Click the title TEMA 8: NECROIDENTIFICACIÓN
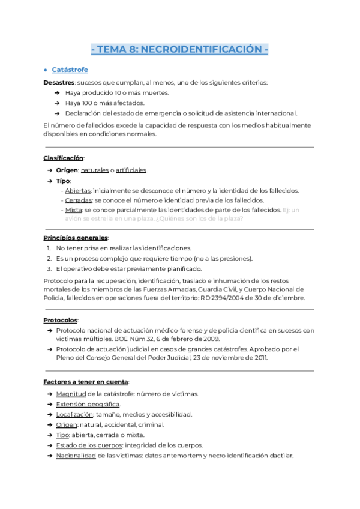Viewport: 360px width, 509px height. tap(180, 49)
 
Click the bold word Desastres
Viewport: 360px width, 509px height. tap(59, 82)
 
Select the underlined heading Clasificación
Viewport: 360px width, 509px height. tap(63, 158)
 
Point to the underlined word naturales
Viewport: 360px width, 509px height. tap(95, 170)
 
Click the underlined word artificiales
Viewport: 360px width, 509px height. tap(131, 170)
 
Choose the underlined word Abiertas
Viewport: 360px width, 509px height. tap(79, 190)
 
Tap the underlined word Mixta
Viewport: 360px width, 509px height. tap(74, 210)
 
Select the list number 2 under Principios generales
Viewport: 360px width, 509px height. tap(49, 258)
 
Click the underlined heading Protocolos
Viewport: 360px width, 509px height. tap(61, 320)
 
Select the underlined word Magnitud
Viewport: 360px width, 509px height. tap(71, 394)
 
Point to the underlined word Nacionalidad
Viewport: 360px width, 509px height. tap(76, 456)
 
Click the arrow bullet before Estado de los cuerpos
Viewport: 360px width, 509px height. tap(48, 445)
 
